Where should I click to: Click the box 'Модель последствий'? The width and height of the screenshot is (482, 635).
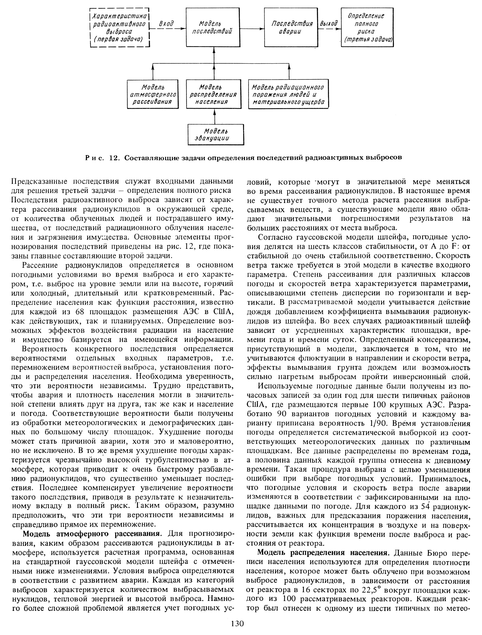(213, 27)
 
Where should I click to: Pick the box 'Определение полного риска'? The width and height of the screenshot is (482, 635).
(367, 28)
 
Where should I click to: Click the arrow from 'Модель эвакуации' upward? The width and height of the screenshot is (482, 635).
(214, 117)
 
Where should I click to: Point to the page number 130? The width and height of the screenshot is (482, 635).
(237, 629)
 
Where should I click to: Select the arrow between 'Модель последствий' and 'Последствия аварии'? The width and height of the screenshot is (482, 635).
(252, 29)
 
